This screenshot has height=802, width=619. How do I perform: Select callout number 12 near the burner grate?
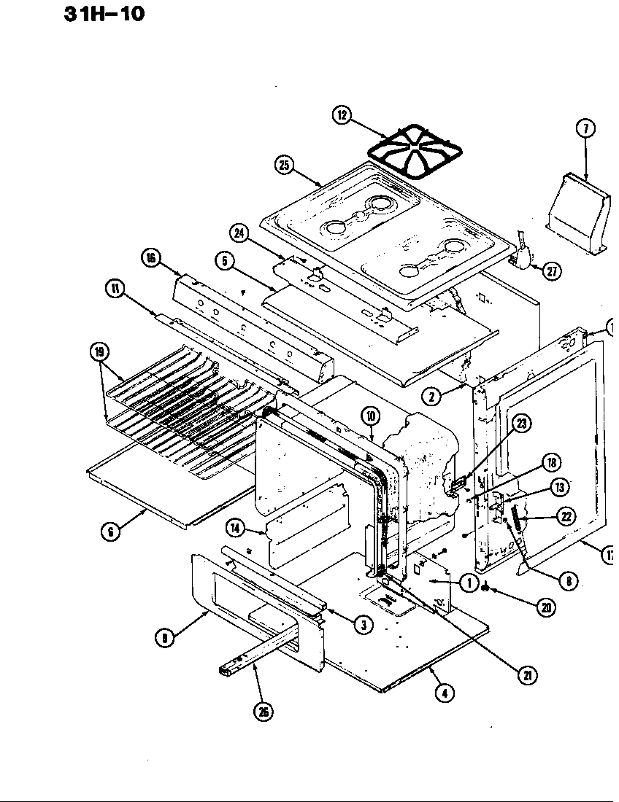click(342, 114)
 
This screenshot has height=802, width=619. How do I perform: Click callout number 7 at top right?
click(585, 129)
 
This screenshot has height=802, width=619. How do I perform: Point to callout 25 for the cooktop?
click(285, 166)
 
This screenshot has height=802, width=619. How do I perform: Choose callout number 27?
click(551, 271)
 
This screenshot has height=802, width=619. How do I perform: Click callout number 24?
click(238, 233)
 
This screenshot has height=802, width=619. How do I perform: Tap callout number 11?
click(115, 290)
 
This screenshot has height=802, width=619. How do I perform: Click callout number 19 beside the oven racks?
click(99, 352)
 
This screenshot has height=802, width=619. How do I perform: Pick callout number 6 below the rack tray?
click(109, 532)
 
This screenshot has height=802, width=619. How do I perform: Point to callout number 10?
click(371, 416)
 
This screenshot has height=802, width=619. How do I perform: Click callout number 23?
click(522, 423)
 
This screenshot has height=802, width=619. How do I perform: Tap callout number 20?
click(545, 607)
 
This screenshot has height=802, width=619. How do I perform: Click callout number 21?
click(526, 675)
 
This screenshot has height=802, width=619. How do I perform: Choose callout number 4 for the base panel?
click(443, 693)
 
